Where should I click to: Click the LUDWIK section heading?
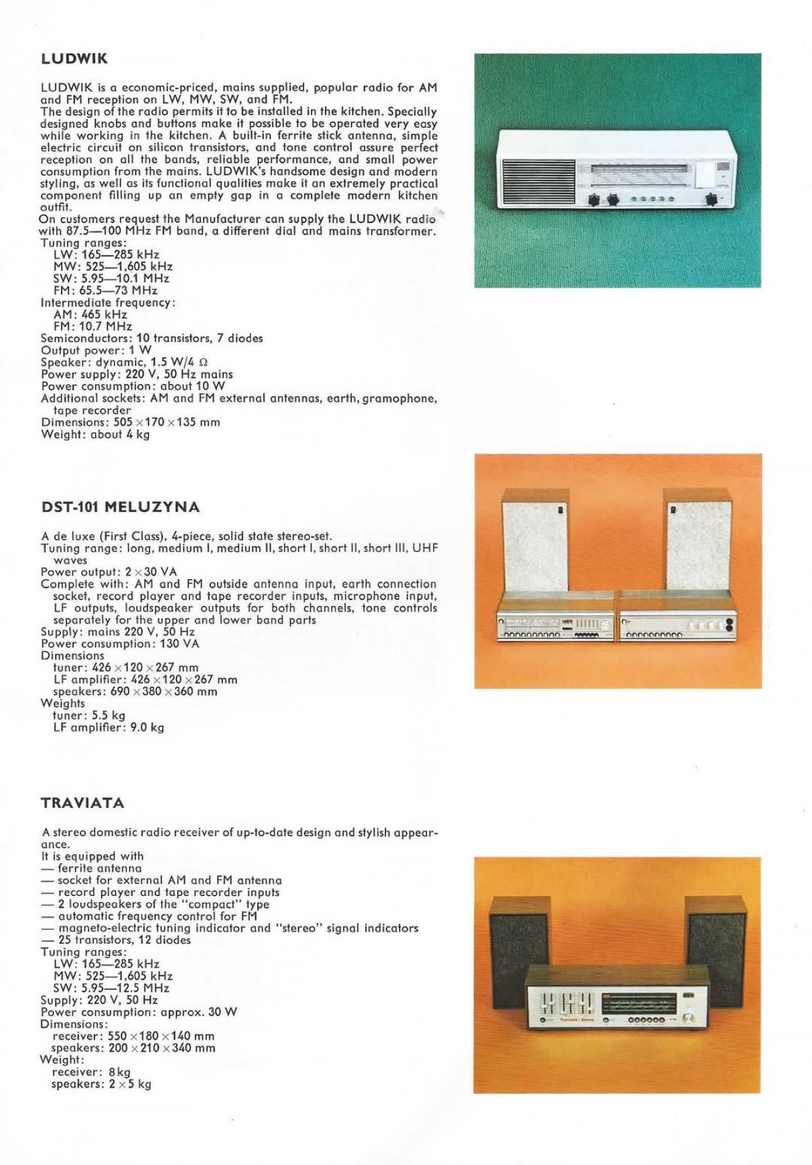pyautogui.click(x=74, y=59)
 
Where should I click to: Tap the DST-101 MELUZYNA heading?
pyautogui.click(x=120, y=507)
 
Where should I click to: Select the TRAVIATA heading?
pyautogui.click(x=83, y=804)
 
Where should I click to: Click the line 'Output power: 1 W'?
pyautogui.click(x=96, y=350)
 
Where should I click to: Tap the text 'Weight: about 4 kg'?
pyautogui.click(x=95, y=434)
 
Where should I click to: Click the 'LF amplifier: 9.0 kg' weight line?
pyautogui.click(x=108, y=728)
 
